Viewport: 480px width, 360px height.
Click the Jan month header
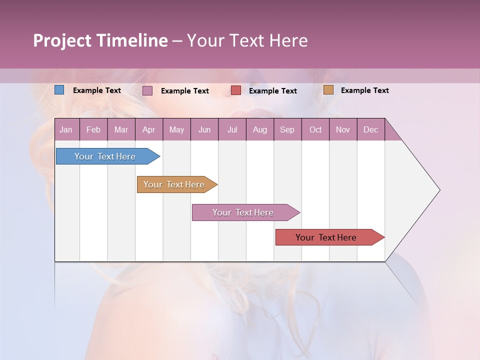click(66, 129)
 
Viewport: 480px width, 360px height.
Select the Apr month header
click(148, 129)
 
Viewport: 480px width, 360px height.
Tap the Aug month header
click(259, 129)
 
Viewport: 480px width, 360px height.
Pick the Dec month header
click(370, 129)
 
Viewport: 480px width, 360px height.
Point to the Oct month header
click(315, 129)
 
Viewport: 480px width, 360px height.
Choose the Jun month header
click(204, 129)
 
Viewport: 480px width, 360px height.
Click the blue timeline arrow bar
click(105, 156)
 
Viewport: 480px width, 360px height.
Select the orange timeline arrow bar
click(174, 184)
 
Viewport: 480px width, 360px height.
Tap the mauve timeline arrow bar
click(243, 212)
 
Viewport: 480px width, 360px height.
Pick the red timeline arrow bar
click(326, 237)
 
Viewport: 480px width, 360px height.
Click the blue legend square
click(59, 90)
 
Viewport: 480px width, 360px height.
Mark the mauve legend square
click(147, 90)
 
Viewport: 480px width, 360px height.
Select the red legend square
click(235, 90)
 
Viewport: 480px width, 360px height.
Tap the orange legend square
click(328, 90)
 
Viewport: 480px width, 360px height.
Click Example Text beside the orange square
click(364, 90)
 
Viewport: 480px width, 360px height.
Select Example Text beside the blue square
click(97, 90)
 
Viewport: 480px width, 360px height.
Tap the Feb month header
click(93, 129)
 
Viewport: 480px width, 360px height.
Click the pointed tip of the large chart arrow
click(438, 189)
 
